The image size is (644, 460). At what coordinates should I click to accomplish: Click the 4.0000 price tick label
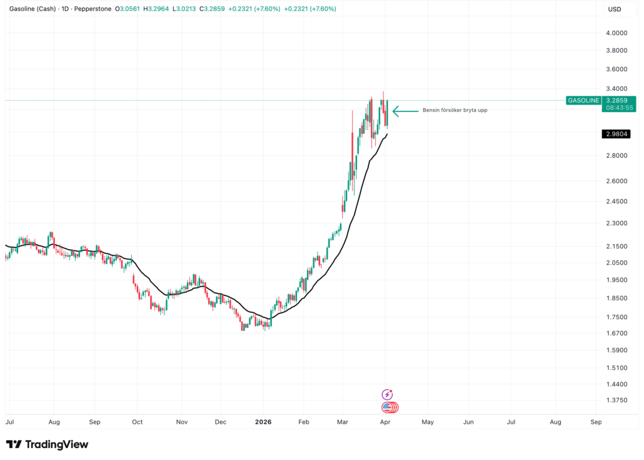pos(616,33)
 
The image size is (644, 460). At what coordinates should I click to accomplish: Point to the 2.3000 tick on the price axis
pos(616,223)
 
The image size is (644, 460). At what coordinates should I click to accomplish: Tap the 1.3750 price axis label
pos(616,401)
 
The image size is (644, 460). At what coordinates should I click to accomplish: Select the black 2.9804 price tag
pos(616,134)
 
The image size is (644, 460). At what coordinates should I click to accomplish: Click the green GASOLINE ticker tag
pos(583,100)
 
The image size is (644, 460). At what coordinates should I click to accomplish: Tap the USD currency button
pos(615,9)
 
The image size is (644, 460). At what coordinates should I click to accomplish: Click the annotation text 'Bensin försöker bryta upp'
pos(455,111)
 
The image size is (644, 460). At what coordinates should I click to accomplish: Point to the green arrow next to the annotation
pos(405,111)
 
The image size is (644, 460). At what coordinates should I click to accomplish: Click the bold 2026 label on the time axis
pos(264,422)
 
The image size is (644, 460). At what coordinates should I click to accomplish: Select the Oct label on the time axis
pos(138,422)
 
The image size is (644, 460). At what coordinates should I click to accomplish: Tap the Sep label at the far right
pos(596,422)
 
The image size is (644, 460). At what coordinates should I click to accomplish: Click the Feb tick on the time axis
pos(304,422)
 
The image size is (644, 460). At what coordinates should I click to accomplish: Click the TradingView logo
pos(48,444)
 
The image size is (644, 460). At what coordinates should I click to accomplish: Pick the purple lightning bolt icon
pos(387,395)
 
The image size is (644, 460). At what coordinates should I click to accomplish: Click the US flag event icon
pos(388,407)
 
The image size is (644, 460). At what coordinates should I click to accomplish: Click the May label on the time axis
pos(428,422)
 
